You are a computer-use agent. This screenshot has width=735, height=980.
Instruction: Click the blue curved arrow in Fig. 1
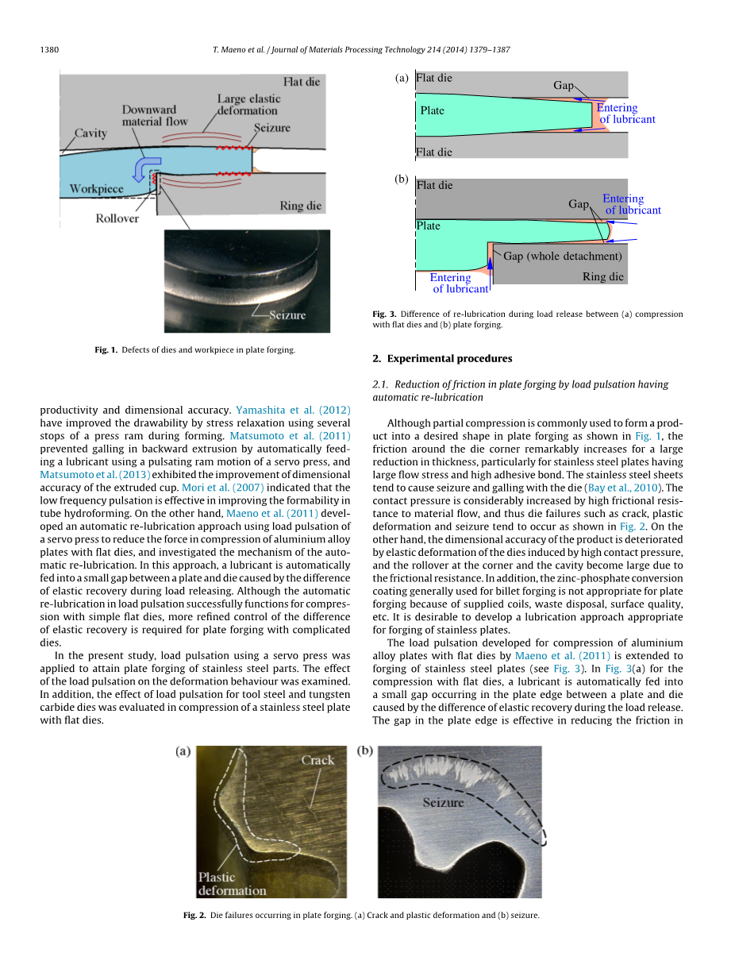(144, 168)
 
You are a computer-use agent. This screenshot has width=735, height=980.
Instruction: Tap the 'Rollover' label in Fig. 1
(117, 218)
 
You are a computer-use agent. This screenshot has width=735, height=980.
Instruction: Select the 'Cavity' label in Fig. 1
(90, 133)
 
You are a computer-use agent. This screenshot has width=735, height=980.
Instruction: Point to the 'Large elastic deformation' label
(248, 105)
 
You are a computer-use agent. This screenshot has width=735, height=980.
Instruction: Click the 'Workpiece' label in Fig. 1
(97, 189)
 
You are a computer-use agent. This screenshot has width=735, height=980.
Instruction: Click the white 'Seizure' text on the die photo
(287, 315)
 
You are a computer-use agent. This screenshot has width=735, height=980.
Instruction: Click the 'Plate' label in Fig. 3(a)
(432, 110)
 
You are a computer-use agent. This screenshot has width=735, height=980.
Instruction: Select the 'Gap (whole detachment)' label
(562, 256)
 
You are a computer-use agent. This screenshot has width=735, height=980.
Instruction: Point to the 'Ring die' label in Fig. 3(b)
(603, 276)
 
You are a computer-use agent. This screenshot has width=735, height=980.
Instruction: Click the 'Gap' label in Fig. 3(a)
(564, 85)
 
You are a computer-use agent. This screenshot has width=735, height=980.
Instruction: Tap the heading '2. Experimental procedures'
(442, 358)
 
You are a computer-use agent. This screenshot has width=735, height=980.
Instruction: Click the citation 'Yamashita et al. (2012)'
(293, 411)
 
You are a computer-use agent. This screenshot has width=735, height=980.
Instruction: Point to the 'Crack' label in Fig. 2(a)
(317, 760)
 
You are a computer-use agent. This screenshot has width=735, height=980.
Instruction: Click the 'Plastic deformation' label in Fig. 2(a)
(232, 884)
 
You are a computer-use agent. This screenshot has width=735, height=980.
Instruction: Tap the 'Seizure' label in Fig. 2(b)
(443, 802)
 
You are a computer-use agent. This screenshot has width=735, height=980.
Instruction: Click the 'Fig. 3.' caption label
(383, 314)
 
